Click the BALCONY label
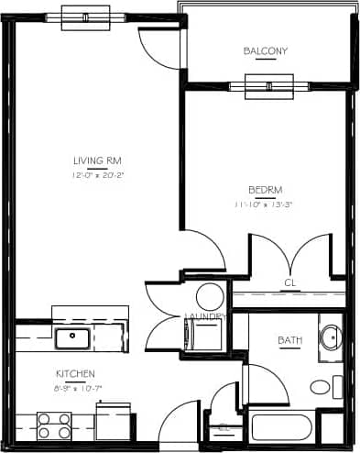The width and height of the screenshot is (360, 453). pyautogui.click(x=266, y=51)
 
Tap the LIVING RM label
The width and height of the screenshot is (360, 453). pyautogui.click(x=98, y=162)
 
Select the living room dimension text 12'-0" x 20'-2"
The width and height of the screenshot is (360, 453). pyautogui.click(x=98, y=175)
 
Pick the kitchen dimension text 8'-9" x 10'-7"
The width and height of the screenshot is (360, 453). pyautogui.click(x=78, y=387)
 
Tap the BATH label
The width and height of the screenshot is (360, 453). pyautogui.click(x=289, y=341)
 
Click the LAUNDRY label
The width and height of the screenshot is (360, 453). pyautogui.click(x=204, y=317)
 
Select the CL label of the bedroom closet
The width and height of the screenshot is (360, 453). pyautogui.click(x=290, y=282)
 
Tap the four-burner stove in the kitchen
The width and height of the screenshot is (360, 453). pyautogui.click(x=54, y=426)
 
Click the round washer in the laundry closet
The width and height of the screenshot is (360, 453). pyautogui.click(x=211, y=296)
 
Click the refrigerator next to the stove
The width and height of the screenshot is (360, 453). pyautogui.click(x=114, y=424)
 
